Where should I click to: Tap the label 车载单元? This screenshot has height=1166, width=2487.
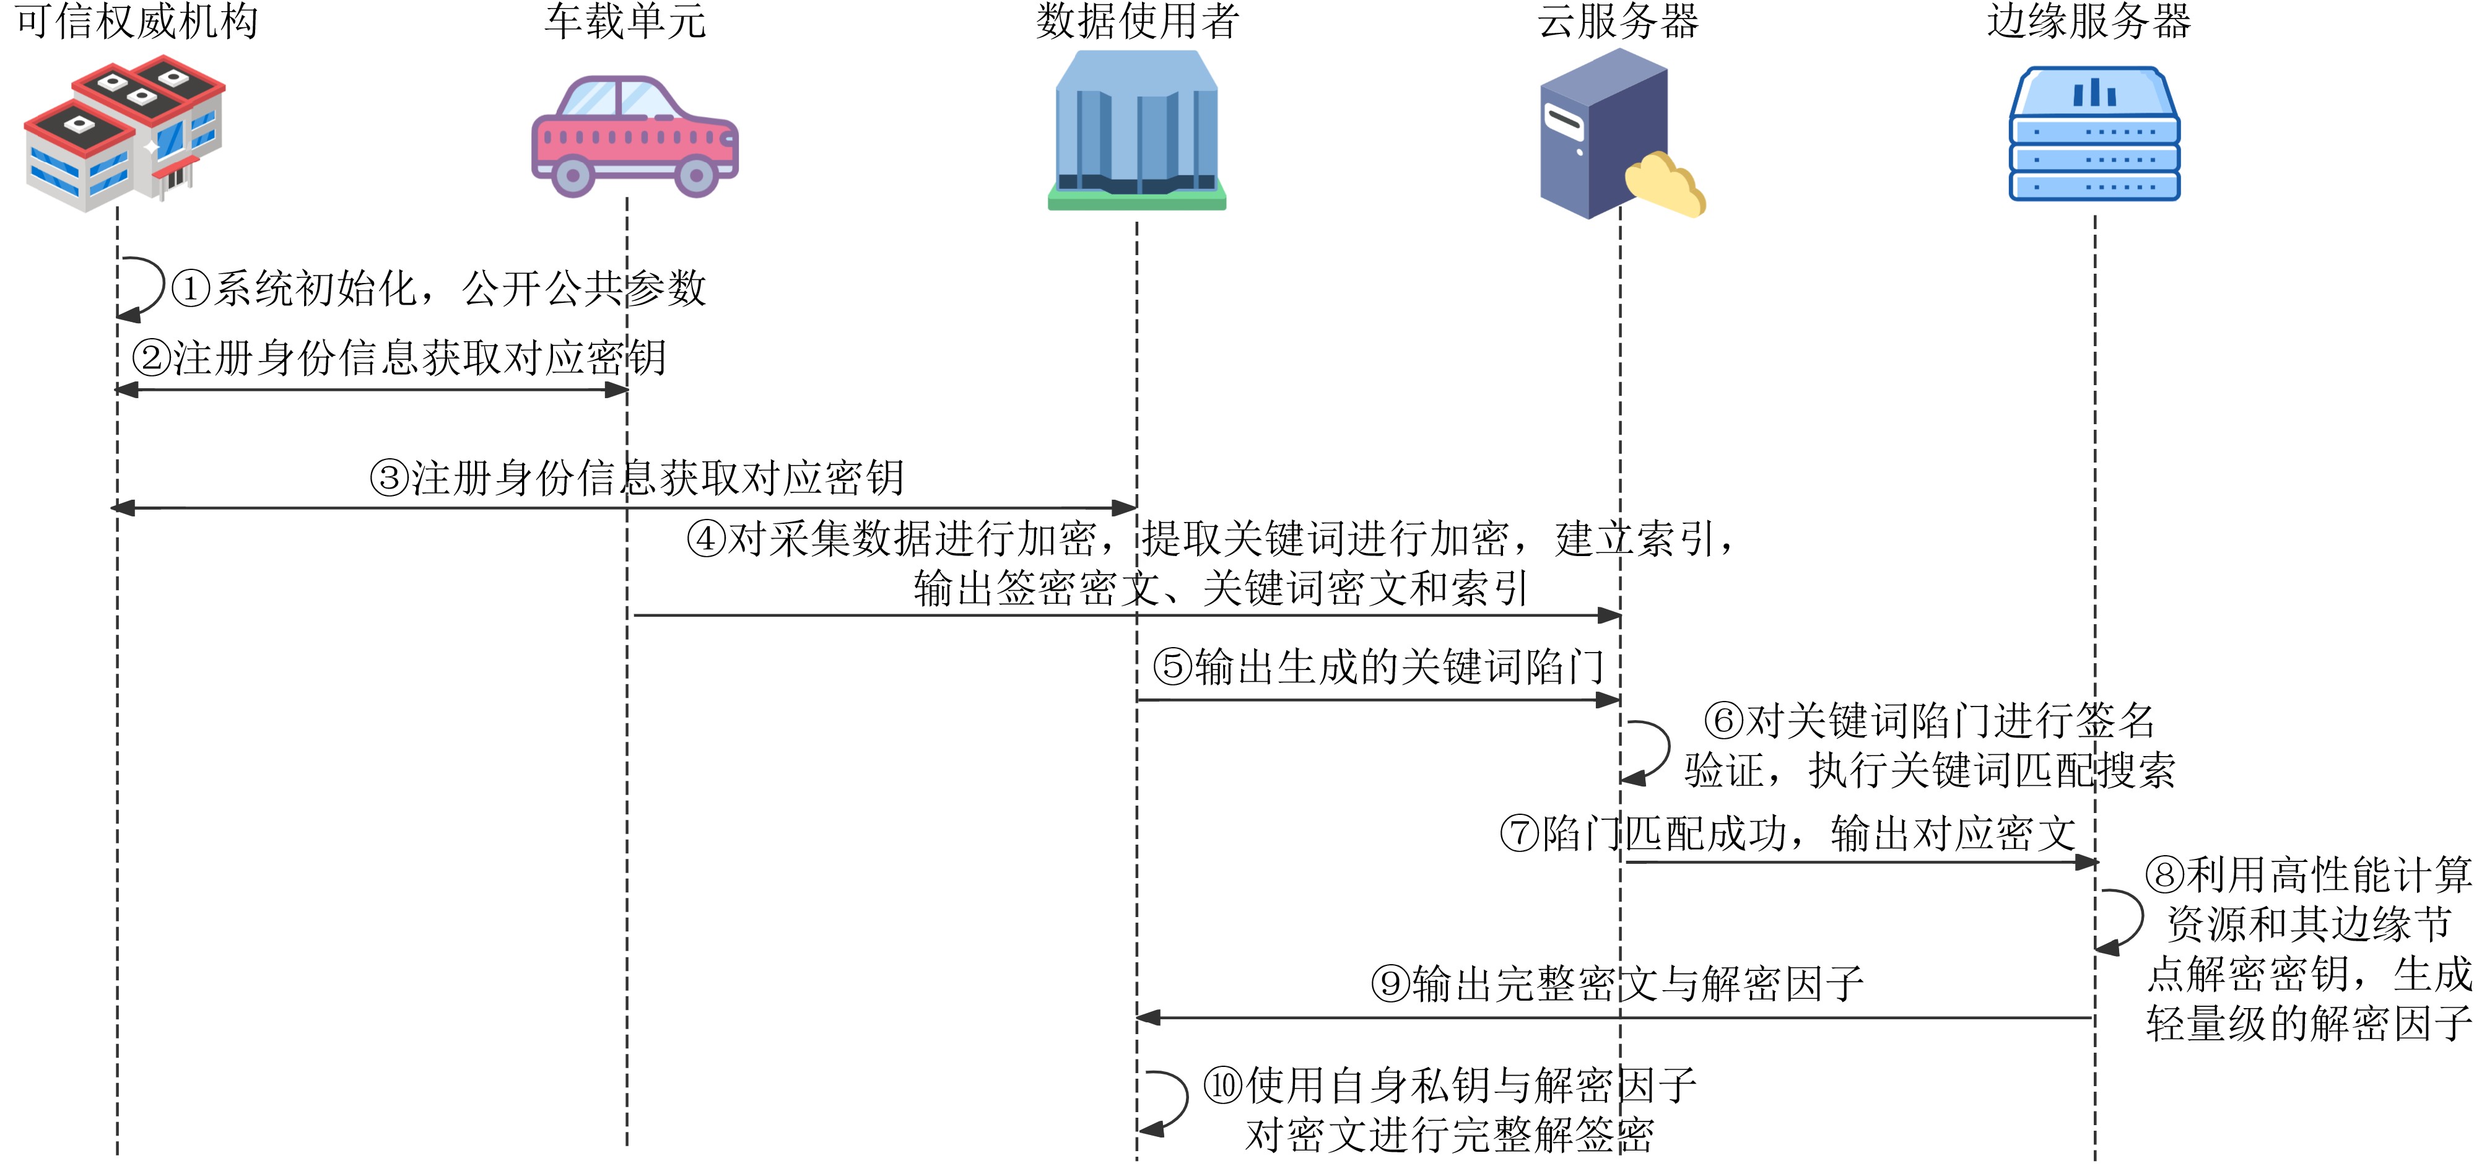pos(625,21)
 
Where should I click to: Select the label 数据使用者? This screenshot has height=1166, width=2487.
pos(1138,21)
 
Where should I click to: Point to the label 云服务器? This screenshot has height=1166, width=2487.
pos(1618,21)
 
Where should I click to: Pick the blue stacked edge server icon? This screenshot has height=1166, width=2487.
pos(2094,134)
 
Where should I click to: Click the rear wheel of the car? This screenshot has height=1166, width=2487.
pos(572,176)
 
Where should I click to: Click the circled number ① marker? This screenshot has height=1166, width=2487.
pos(191,289)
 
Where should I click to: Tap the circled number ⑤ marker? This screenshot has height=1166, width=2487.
pos(1173,667)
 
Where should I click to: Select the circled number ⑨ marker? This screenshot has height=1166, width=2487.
pos(1390,983)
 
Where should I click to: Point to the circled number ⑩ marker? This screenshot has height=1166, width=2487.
pos(1223,1085)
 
